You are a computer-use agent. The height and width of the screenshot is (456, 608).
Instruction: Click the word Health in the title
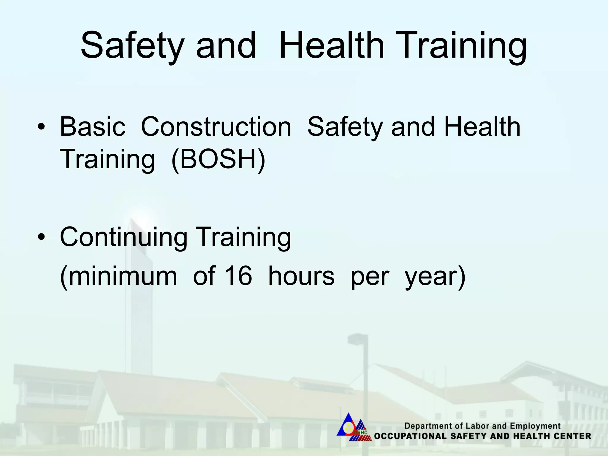pyautogui.click(x=331, y=46)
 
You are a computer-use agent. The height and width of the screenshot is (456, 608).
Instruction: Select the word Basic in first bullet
pyautogui.click(x=92, y=127)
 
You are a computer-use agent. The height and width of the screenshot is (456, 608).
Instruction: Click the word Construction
pyautogui.click(x=216, y=127)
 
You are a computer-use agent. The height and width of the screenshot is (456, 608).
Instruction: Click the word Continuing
pyautogui.click(x=123, y=237)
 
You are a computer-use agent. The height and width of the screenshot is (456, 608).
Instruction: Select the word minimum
pyautogui.click(x=118, y=276)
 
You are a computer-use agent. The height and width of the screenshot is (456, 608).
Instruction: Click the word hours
pyautogui.click(x=301, y=276)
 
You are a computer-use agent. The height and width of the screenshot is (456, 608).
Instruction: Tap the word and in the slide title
pyautogui.click(x=226, y=46)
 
